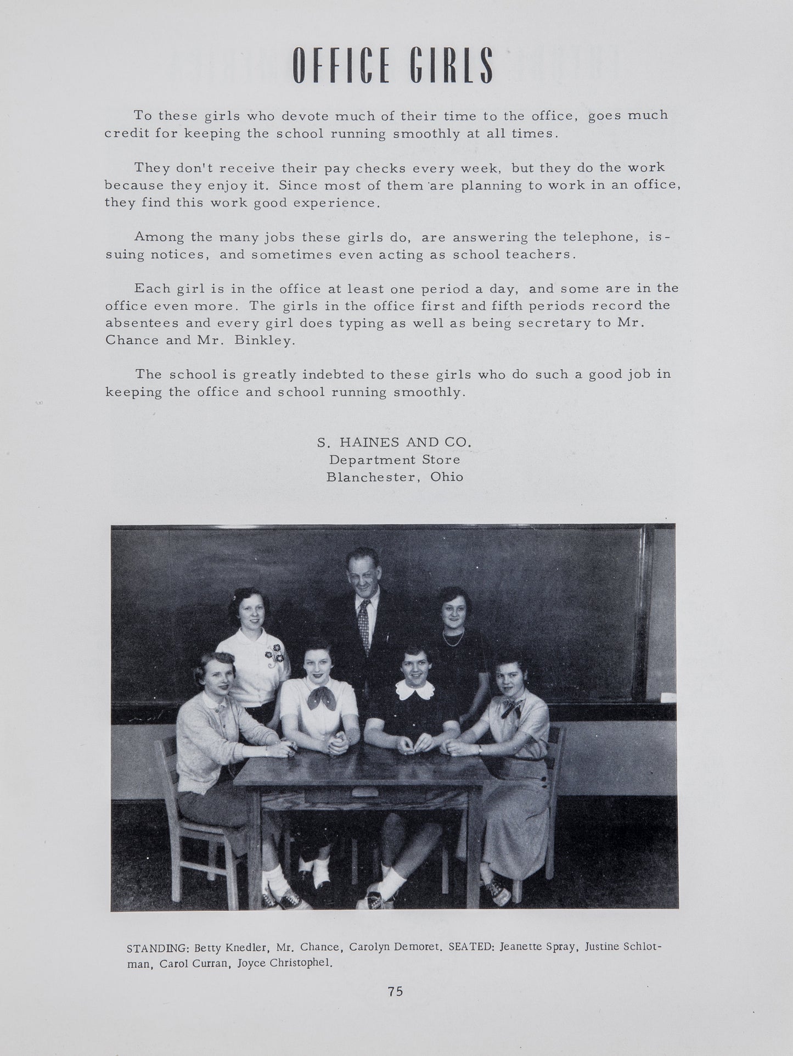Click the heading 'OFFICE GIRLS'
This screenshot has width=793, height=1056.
tap(393, 65)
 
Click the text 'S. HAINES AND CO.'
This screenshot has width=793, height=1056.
tap(394, 442)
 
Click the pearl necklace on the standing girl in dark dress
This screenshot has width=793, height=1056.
tap(454, 638)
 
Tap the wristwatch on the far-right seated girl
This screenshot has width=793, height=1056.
tap(480, 749)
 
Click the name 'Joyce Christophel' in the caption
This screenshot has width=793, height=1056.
tap(284, 963)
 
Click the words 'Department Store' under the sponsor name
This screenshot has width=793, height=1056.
tap(394, 459)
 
